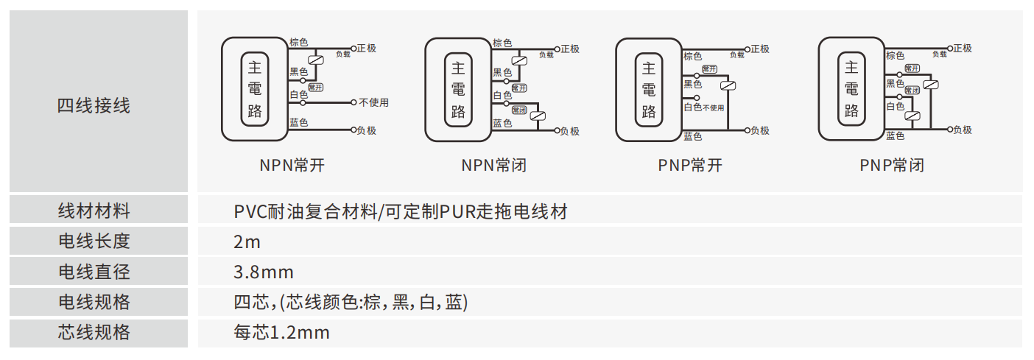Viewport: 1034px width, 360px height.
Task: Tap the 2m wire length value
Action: click(247, 241)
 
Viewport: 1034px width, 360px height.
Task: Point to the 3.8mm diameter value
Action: click(264, 272)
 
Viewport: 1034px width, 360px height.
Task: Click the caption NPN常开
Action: click(292, 165)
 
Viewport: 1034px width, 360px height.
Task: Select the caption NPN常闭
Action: click(494, 165)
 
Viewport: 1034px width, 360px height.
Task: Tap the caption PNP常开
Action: click(690, 165)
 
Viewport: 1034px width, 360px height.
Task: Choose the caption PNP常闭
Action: click(892, 165)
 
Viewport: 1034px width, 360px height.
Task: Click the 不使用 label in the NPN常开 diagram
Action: click(373, 102)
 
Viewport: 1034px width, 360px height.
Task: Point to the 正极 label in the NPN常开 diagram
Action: click(366, 49)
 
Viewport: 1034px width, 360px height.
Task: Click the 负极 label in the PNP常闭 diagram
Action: click(962, 130)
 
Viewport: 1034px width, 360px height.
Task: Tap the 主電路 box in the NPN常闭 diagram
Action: click(458, 89)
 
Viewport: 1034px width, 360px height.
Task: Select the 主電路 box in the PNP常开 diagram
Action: click(649, 89)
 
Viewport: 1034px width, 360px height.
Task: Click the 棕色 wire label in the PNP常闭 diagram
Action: click(896, 55)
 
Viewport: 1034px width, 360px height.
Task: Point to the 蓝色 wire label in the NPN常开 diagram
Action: click(299, 122)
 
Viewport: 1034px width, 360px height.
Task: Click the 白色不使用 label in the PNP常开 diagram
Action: click(704, 107)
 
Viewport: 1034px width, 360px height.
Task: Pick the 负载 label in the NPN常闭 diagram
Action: click(546, 54)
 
